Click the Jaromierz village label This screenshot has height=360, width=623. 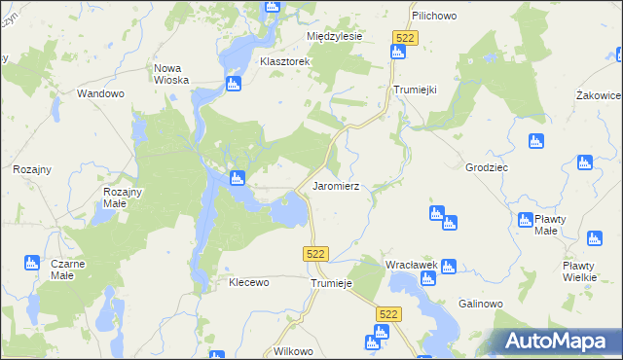click(x=336, y=185)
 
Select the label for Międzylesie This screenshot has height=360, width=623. click(x=334, y=36)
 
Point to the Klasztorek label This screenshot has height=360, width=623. click(x=284, y=61)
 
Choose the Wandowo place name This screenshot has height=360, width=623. click(x=101, y=94)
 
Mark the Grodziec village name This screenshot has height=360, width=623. click(x=487, y=166)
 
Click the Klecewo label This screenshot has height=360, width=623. click(x=247, y=282)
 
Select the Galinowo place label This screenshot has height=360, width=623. click(x=479, y=304)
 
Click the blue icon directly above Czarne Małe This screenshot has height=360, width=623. click(x=31, y=263)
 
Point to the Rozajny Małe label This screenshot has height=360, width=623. click(x=123, y=198)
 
